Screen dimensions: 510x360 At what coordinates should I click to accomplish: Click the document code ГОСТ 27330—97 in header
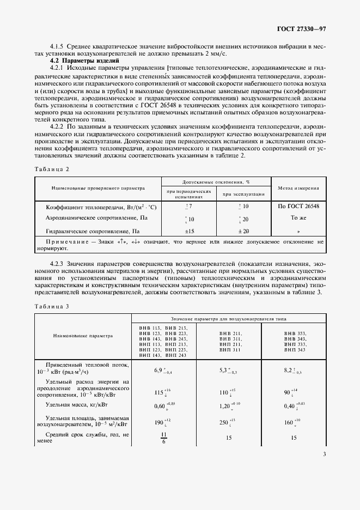pyautogui.click(x=301, y=28)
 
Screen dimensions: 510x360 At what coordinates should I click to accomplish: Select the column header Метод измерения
pyautogui.click(x=298, y=188)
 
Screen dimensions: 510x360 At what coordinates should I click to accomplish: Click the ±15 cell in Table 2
pyautogui.click(x=190, y=231)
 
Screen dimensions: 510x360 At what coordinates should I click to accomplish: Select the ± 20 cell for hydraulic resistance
pyautogui.click(x=243, y=231)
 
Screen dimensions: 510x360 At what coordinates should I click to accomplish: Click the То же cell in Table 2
pyautogui.click(x=298, y=217)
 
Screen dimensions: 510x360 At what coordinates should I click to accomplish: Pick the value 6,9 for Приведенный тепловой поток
pyautogui.click(x=161, y=370)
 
